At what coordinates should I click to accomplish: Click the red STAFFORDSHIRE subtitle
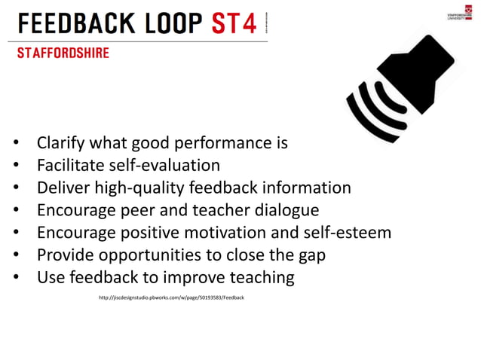pos(63,53)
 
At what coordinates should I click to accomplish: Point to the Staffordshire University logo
pos(457,13)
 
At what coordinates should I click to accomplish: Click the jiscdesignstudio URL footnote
pos(172,298)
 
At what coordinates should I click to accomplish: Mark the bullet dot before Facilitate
pos(16,166)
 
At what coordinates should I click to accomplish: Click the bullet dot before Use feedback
pos(16,278)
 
